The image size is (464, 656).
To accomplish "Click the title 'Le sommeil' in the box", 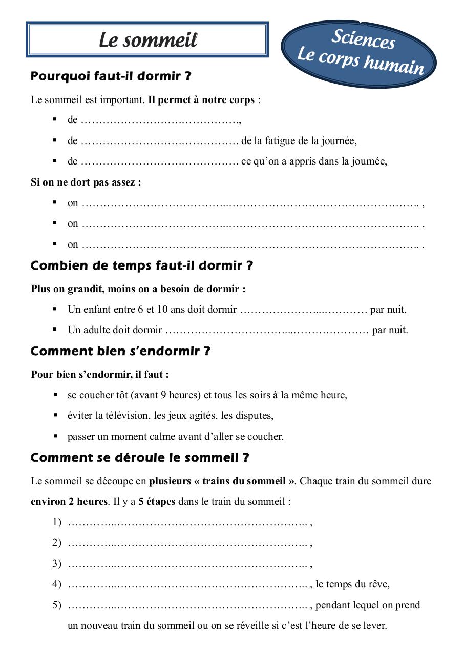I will click(x=148, y=40).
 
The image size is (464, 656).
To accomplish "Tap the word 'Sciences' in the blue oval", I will click(x=363, y=39).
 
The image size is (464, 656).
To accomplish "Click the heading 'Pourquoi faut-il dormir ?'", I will click(x=111, y=77).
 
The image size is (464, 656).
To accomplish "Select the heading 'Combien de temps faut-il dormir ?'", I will click(x=142, y=266).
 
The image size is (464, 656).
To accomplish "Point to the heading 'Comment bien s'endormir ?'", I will click(x=120, y=352).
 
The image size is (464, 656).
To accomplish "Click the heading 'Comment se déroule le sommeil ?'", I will click(x=140, y=458).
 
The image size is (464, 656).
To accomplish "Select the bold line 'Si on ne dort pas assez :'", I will click(x=86, y=182).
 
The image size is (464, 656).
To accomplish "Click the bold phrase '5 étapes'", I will click(x=157, y=502).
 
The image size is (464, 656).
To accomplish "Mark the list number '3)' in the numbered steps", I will click(x=57, y=564).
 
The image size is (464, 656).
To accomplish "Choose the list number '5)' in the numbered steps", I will click(x=57, y=605).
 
